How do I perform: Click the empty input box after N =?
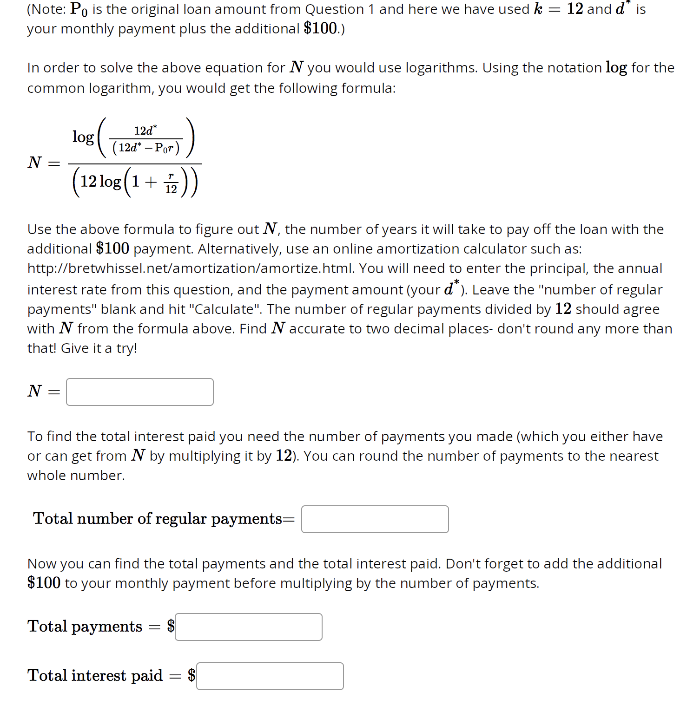[139, 392]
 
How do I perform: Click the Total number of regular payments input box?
[375, 519]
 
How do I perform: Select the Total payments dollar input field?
[248, 627]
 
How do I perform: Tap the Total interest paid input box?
[270, 676]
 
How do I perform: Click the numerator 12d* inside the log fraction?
[145, 131]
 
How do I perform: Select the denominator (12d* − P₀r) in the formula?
[146, 148]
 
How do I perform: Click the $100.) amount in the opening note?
[324, 29]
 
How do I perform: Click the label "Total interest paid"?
[95, 675]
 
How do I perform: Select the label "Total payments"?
[85, 627]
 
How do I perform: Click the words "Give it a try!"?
[99, 348]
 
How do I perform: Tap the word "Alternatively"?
[239, 249]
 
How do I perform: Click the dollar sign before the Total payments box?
[171, 626]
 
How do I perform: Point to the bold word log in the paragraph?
[616, 68]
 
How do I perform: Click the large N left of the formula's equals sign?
[35, 163]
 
